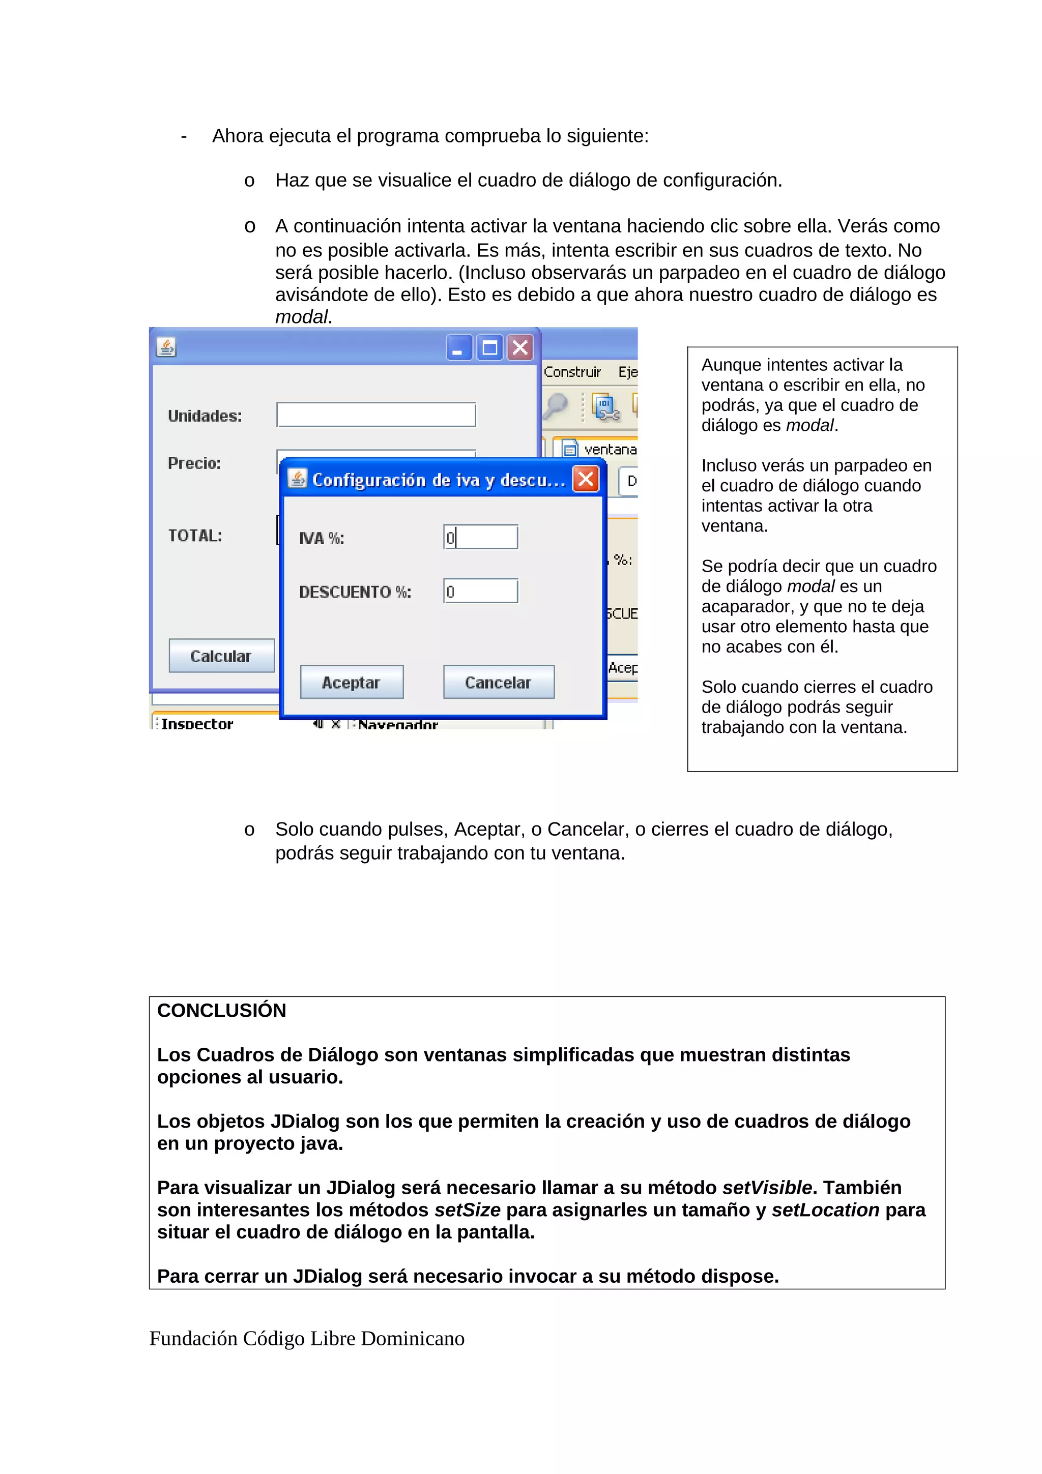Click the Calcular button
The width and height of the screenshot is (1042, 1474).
point(221,656)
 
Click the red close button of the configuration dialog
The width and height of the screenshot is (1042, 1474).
point(586,479)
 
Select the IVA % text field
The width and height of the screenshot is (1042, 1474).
point(480,537)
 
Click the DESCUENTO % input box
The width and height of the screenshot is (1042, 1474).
point(480,591)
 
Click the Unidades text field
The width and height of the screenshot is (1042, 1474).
point(375,415)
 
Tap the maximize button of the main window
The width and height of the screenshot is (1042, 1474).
point(490,348)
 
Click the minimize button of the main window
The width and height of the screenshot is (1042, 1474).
point(459,348)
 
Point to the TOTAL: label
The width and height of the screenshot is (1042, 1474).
point(194,536)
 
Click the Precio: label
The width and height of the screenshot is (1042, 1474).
point(194,463)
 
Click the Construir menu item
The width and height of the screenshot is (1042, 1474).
point(571,372)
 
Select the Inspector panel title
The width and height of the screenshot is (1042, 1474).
point(196,723)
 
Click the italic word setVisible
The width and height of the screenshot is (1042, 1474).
point(767,1188)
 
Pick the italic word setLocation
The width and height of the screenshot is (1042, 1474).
point(825,1210)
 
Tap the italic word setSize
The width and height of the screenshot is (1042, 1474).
point(468,1210)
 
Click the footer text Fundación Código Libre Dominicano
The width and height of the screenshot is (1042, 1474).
point(306,1339)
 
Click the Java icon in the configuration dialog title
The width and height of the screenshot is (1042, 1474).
point(297,479)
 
